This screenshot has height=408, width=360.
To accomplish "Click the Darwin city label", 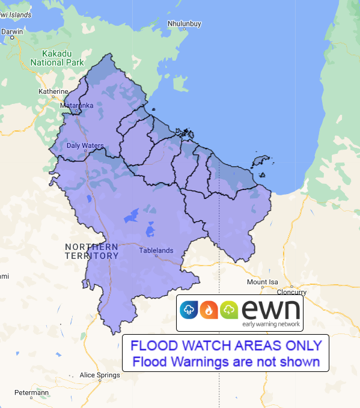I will tap(12, 31).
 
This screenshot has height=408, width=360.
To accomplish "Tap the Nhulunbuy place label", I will tap(184, 24).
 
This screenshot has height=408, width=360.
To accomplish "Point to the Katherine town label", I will tap(53, 91).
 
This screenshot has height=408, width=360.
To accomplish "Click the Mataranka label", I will tap(77, 105).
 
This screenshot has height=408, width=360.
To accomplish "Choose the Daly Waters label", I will tap(85, 145).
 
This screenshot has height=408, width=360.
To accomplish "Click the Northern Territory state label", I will tap(91, 251).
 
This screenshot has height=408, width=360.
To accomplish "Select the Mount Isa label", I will tap(261, 282).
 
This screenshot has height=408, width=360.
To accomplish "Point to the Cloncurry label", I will tap(291, 293).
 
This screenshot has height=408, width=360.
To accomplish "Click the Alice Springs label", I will tap(100, 375).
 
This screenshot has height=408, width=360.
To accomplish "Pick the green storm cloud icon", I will tap(230, 310).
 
